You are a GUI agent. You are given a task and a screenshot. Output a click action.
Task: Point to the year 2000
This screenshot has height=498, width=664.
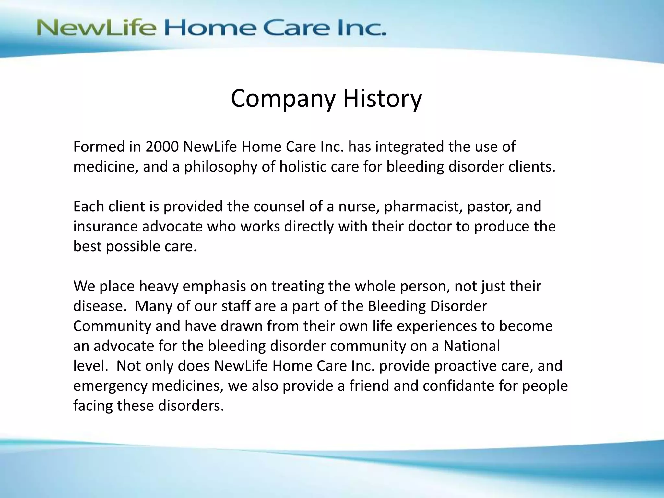162,147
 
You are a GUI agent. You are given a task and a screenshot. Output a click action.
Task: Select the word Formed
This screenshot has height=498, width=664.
99,147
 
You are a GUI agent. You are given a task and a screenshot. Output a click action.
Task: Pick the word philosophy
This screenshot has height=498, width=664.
220,167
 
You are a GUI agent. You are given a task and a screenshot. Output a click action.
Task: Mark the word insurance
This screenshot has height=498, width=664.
106,226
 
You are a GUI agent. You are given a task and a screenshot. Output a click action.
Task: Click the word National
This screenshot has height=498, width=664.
471,346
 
